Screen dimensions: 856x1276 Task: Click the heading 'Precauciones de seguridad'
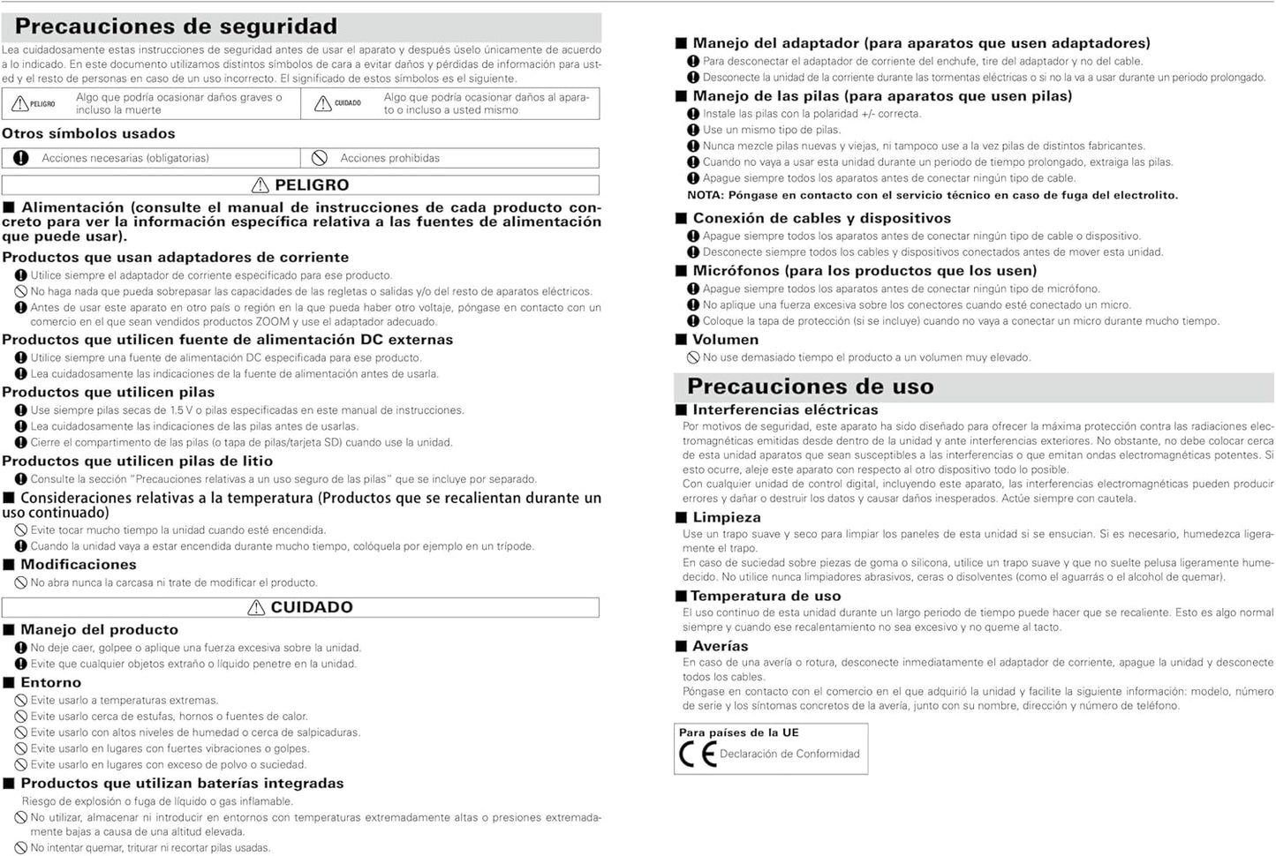pyautogui.click(x=176, y=26)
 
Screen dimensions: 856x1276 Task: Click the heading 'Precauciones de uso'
pyautogui.click(x=810, y=387)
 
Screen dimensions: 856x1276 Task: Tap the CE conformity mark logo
pyautogui.click(x=697, y=755)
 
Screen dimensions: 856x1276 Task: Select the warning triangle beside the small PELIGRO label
pyautogui.click(x=19, y=104)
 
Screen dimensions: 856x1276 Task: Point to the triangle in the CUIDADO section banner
pyautogui.click(x=256, y=607)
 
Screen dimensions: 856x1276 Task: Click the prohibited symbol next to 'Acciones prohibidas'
pyautogui.click(x=320, y=158)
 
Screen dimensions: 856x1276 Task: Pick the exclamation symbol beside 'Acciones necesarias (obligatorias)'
pyautogui.click(x=21, y=158)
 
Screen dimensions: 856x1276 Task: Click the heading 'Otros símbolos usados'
pyautogui.click(x=88, y=134)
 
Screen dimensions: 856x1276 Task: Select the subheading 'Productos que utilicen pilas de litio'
pyautogui.click(x=138, y=461)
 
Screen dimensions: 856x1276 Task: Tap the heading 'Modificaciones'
pyautogui.click(x=78, y=565)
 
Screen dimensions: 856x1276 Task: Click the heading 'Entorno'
pyautogui.click(x=50, y=682)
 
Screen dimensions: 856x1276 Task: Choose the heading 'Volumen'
pyautogui.click(x=725, y=340)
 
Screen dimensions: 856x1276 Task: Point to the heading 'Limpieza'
pyautogui.click(x=726, y=517)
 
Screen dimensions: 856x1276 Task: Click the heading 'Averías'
pyautogui.click(x=720, y=646)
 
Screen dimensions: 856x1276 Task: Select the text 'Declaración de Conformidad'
pyautogui.click(x=789, y=755)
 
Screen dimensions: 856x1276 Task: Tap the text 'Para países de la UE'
pyautogui.click(x=738, y=732)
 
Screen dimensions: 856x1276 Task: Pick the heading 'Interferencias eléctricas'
pyautogui.click(x=785, y=409)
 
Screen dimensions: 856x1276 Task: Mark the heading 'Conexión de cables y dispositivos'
pyautogui.click(x=821, y=218)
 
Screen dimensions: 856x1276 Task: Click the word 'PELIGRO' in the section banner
pyautogui.click(x=312, y=185)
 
